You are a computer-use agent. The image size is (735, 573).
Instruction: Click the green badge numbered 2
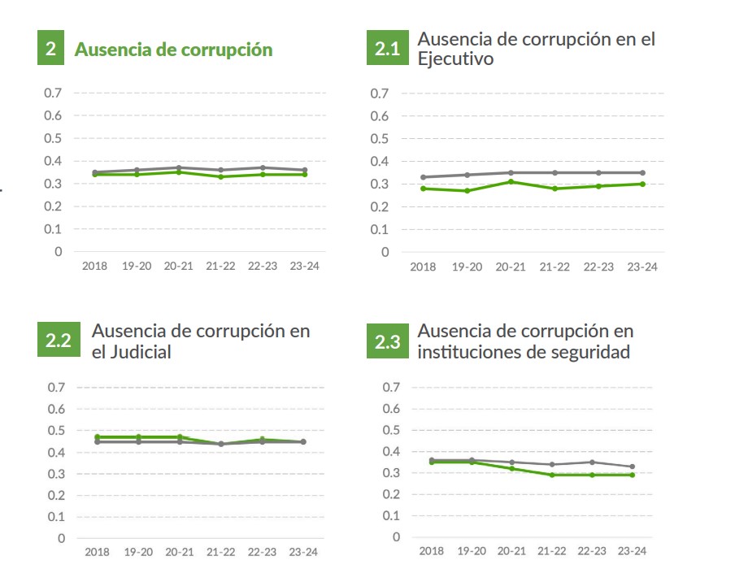(50, 49)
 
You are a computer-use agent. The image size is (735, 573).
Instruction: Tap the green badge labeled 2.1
(387, 49)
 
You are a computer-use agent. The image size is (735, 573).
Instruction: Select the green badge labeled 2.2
(57, 341)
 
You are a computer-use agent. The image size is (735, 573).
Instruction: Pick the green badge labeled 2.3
(387, 342)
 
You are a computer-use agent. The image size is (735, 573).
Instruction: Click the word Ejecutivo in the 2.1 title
(454, 59)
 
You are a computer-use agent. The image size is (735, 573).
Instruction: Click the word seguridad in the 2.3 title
(589, 352)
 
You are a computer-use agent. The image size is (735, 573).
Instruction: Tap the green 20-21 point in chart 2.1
(510, 181)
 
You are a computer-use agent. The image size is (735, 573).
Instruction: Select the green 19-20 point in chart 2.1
(466, 190)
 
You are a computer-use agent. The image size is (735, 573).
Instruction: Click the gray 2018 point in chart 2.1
(423, 177)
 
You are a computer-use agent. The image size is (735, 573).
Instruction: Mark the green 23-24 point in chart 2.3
(633, 475)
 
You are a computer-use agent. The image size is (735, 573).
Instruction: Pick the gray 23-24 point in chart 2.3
(633, 467)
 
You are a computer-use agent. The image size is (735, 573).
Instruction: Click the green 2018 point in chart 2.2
(97, 437)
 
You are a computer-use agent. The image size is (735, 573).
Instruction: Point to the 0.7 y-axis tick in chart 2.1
(379, 93)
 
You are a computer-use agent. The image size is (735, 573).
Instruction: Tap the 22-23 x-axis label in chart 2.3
(591, 551)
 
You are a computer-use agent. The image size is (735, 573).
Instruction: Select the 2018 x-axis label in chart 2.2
(97, 552)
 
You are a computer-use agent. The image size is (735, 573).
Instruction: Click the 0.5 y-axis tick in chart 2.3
(392, 430)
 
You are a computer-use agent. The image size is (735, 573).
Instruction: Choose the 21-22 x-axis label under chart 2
(220, 266)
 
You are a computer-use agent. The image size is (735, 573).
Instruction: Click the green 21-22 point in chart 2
(220, 176)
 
